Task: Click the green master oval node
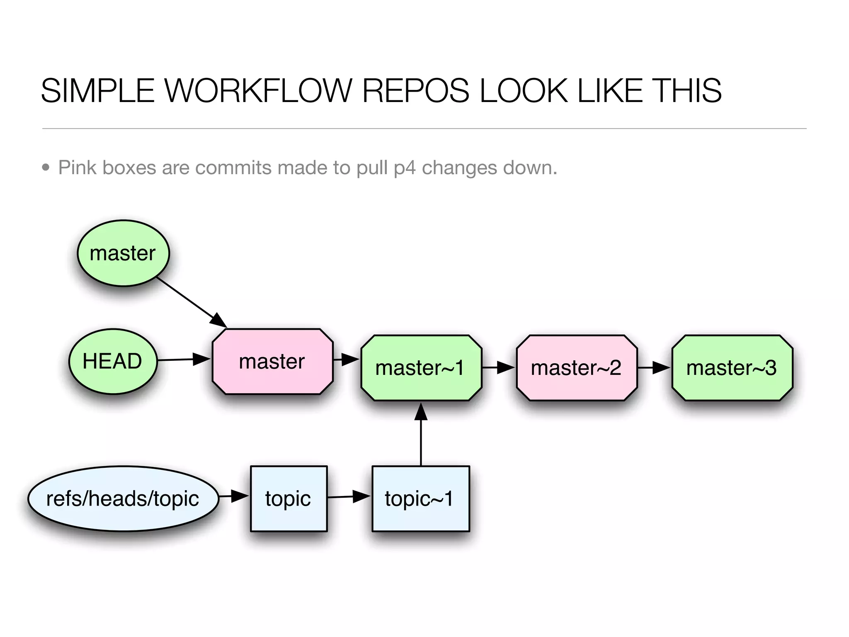(x=123, y=253)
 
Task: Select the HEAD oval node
(x=113, y=361)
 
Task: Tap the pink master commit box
(x=272, y=361)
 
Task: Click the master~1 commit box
(x=421, y=367)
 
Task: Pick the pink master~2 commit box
(x=576, y=367)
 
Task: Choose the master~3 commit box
(x=732, y=367)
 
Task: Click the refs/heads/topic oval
(x=123, y=498)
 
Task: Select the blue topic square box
(x=289, y=498)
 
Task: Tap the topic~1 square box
(x=420, y=498)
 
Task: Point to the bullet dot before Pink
(x=46, y=168)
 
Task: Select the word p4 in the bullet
(x=405, y=168)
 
